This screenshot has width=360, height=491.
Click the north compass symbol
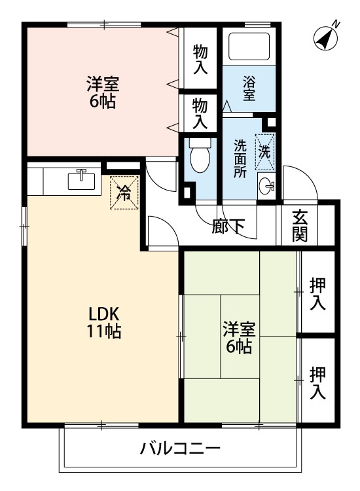pos(326,38)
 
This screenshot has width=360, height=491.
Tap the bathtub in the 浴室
pos(249,46)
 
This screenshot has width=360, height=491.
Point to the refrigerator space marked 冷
pos(124,192)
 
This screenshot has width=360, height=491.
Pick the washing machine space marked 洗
pos(265,152)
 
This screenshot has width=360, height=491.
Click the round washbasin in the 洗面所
pos(266,187)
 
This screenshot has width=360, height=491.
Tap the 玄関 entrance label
pos(300,226)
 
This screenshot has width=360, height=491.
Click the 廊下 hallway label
pos(228,226)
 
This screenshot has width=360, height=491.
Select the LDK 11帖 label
pos(103,322)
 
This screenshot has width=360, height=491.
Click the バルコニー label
pos(180,448)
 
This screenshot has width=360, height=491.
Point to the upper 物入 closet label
pos(200,59)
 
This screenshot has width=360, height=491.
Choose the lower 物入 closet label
pos(200,113)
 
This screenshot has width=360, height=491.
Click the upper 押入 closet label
pos(317,294)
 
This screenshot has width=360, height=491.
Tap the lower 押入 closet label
pos(317,383)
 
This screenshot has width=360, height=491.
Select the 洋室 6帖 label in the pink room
pos(103,92)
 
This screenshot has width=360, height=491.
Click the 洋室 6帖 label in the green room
pos(239,338)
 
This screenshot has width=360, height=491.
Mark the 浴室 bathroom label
pos(249,89)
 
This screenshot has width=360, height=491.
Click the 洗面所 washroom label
pos(240,158)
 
